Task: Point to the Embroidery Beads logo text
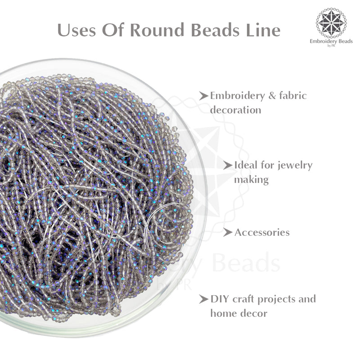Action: point(333,40)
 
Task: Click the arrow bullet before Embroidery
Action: point(205,96)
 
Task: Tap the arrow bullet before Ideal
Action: point(229,165)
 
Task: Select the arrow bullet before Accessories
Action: point(229,233)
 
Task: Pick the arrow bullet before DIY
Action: point(205,299)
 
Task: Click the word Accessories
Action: point(262,233)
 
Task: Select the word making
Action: point(251,180)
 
